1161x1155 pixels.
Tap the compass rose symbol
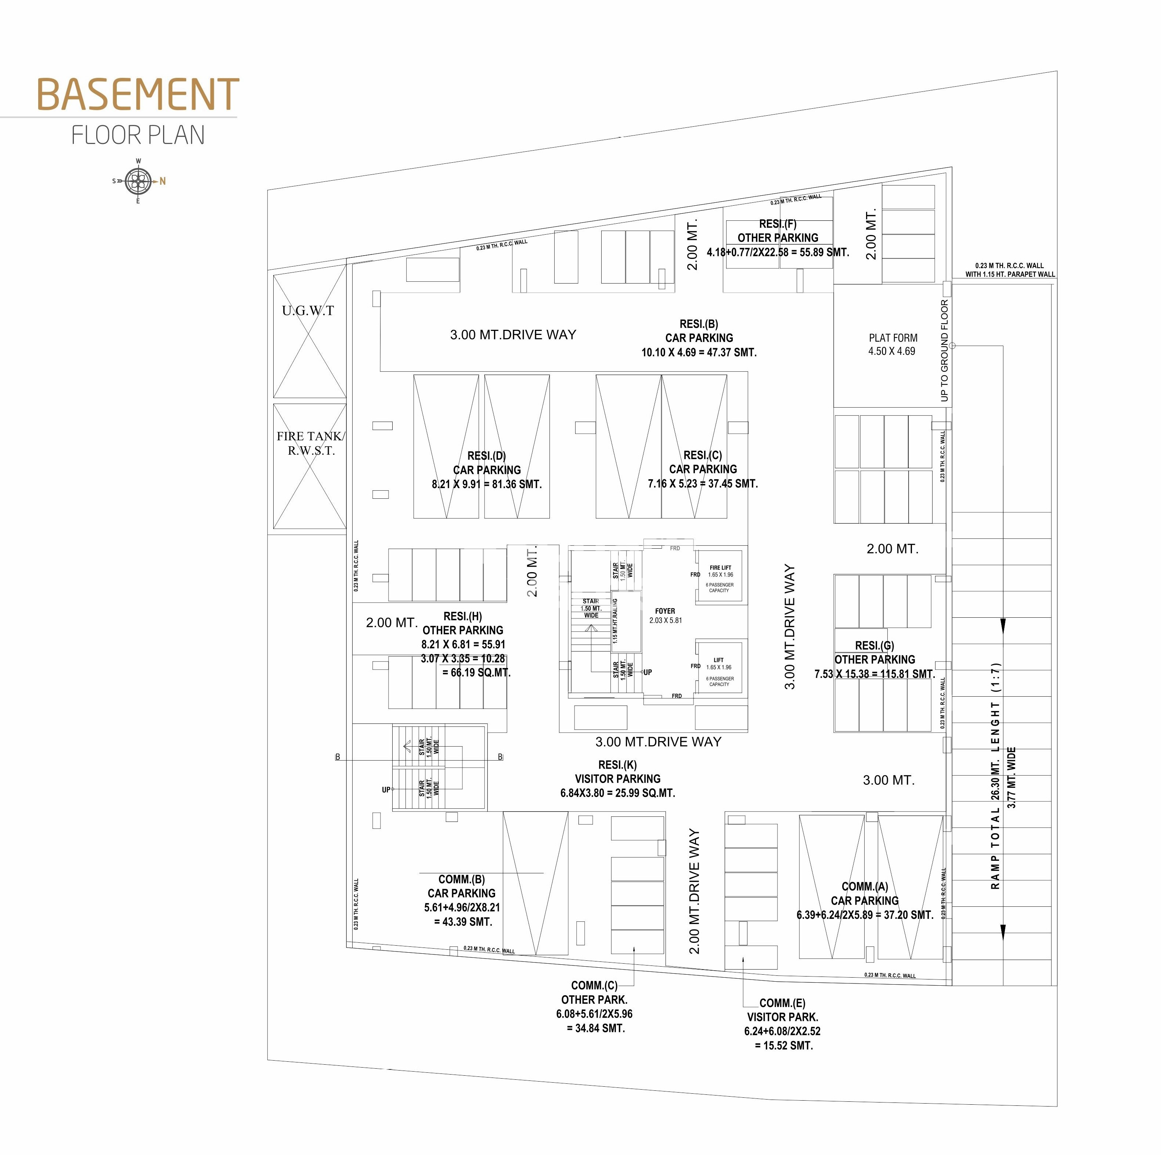click(x=138, y=181)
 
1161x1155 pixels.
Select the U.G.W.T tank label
click(x=308, y=311)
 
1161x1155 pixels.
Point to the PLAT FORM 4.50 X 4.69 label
click(x=893, y=344)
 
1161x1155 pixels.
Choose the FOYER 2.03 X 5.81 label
click(x=665, y=616)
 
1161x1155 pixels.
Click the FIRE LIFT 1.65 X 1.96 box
click(x=720, y=578)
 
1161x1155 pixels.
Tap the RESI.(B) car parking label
click(x=699, y=338)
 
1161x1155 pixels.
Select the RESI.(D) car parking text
click(x=487, y=470)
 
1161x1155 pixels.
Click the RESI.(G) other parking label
click(x=875, y=659)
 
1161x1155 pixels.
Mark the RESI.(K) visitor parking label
click(x=618, y=779)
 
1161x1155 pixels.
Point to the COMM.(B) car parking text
click(x=462, y=900)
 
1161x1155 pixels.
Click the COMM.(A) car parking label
click(x=865, y=900)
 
